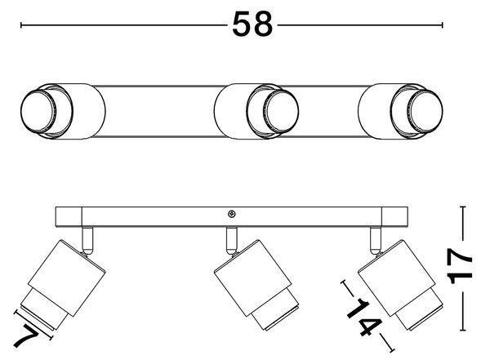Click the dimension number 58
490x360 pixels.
click(252, 24)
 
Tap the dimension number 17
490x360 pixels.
click(461, 265)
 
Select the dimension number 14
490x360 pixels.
click(366, 317)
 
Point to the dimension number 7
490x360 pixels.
click(26, 336)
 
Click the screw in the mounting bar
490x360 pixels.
click(232, 214)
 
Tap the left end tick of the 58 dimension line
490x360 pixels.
click(21, 25)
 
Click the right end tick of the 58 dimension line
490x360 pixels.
click(442, 25)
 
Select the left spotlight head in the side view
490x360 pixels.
click(63, 284)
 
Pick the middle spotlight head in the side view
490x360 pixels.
click(257, 285)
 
